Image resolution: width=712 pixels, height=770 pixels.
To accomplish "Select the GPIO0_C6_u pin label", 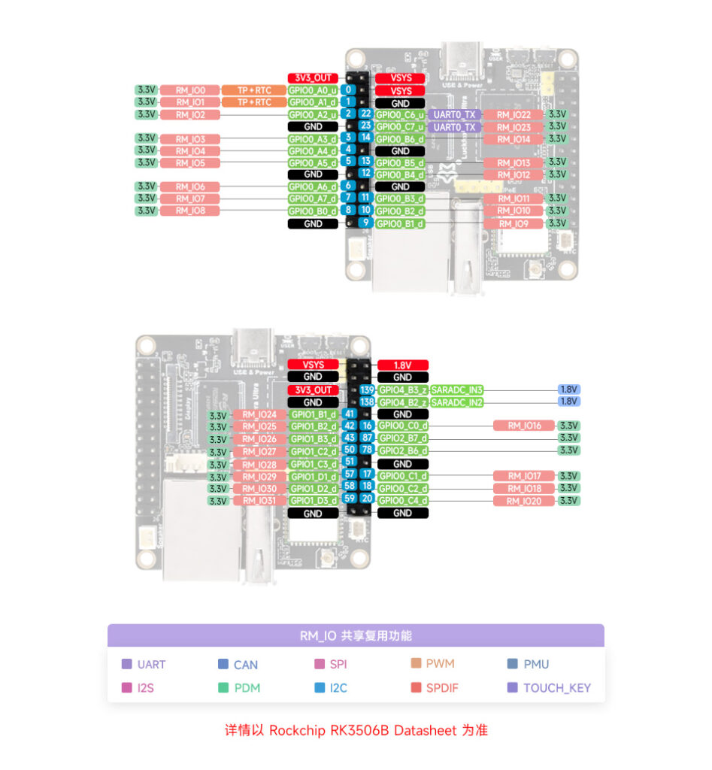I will coord(400,114).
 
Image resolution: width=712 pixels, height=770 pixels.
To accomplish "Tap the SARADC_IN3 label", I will coord(456,390).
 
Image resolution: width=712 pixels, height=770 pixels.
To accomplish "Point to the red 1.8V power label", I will coord(402,365).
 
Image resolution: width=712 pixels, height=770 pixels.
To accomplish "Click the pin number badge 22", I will coord(365,114).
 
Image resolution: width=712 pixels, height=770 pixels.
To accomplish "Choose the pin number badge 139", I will coord(367,390).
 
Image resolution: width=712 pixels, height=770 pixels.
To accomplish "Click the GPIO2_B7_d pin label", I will coord(402,438).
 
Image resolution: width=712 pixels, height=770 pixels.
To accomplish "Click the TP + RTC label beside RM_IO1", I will coord(254,102).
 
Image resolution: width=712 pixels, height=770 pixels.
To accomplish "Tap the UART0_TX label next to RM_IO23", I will coord(455,127).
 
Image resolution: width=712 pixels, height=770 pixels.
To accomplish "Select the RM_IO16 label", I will coord(524,426).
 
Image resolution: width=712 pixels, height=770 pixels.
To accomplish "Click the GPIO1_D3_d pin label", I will coord(314,501).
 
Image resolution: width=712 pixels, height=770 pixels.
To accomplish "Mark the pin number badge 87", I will coord(367,438).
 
